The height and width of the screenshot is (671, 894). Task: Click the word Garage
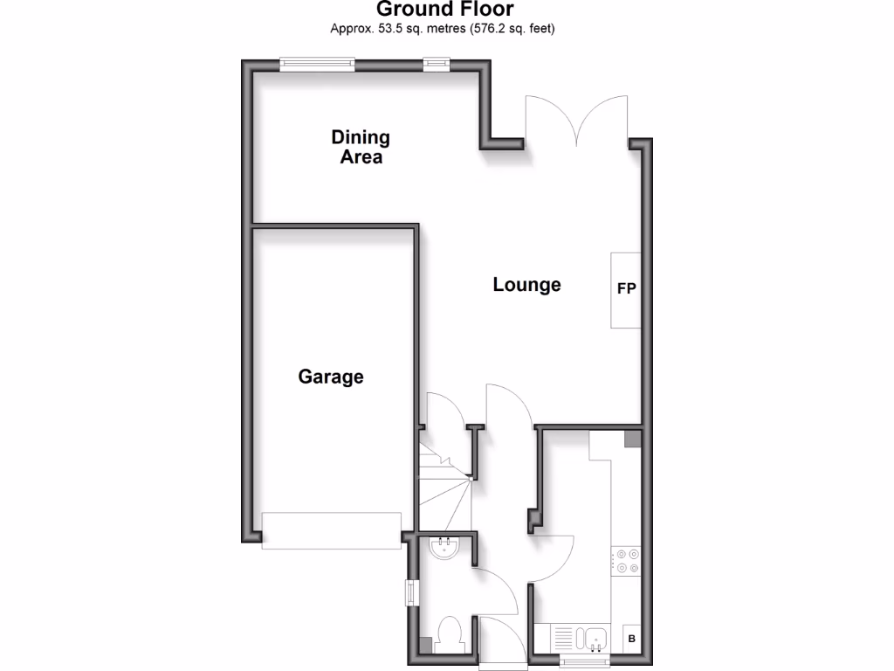tap(331, 377)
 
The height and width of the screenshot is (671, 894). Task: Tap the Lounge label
tap(526, 285)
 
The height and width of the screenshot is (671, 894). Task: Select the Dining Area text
tap(361, 147)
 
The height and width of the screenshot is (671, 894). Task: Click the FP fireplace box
tap(626, 290)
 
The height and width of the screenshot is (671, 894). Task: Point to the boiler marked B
tap(631, 640)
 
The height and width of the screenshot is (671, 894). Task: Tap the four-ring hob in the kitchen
tap(626, 560)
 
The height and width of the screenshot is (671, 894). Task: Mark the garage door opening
tap(332, 531)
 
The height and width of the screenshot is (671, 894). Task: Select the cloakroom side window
tap(410, 592)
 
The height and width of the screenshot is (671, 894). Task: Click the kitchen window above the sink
tap(584, 661)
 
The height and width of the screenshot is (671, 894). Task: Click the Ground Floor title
tap(445, 10)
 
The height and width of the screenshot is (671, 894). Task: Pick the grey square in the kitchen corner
tap(633, 439)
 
